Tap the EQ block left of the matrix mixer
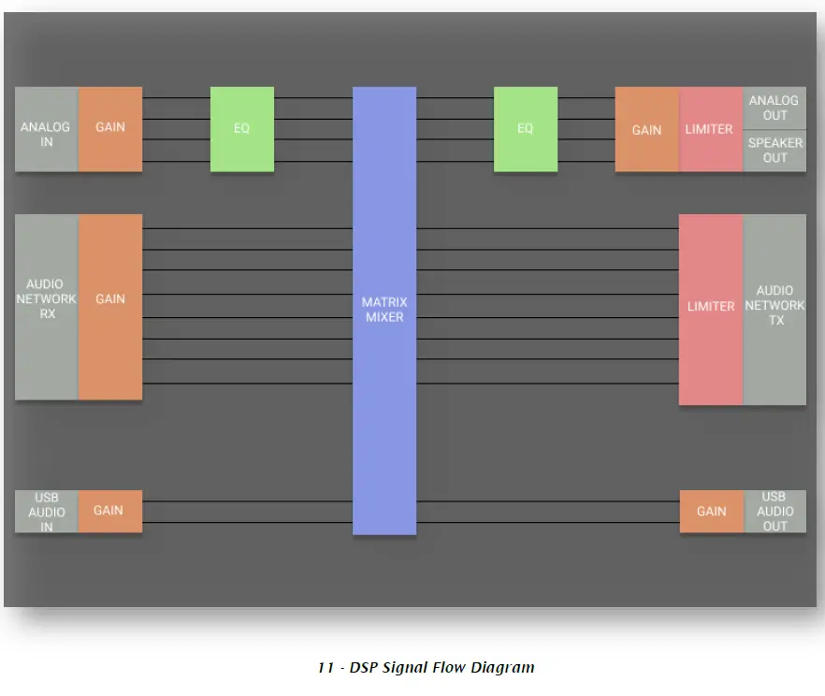click(241, 129)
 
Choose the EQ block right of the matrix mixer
click(526, 129)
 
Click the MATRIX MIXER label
click(384, 310)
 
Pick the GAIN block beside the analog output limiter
click(646, 130)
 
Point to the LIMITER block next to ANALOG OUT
click(710, 130)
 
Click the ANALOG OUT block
click(774, 109)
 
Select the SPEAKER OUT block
click(774, 151)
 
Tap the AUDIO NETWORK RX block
click(46, 299)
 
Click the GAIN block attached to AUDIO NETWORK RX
click(110, 299)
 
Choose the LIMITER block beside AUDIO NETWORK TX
click(711, 306)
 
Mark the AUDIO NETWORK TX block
click(774, 306)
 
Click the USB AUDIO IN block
click(46, 512)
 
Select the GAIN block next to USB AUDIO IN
click(109, 511)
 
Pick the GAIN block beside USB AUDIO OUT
click(711, 511)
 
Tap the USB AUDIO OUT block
click(774, 511)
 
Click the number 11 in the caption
click(326, 668)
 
